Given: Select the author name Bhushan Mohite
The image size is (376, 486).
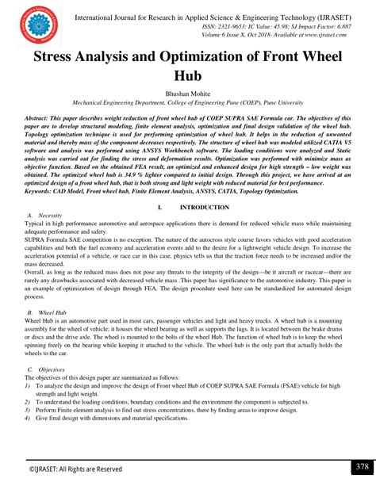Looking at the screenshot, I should coord(187,94).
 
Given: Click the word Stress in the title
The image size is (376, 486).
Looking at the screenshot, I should coord(61,59).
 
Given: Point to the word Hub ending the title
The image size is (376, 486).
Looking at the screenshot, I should coord(187,77).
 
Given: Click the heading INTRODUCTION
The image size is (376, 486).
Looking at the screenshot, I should coord(205,207).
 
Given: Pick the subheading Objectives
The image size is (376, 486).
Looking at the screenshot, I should coord(52,369).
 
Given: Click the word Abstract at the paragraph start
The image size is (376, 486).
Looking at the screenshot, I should coord(44,117).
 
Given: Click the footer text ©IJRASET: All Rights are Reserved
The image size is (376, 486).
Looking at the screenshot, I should coord(76,469).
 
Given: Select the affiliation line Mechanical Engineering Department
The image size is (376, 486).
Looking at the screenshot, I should coord(187,103).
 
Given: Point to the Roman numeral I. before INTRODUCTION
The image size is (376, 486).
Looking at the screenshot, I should coord(159,207).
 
